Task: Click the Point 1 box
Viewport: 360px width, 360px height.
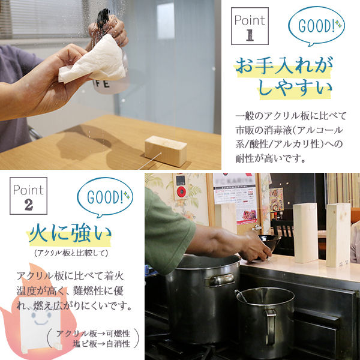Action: (250, 26)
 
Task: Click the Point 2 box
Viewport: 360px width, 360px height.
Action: (28, 196)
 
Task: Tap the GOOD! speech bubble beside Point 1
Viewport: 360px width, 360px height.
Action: (316, 25)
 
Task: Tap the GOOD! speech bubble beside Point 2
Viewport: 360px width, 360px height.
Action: (105, 197)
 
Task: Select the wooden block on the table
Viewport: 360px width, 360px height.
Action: (166, 151)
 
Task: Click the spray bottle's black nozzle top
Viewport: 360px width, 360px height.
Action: (103, 17)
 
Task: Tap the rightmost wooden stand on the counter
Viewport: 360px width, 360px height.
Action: (338, 235)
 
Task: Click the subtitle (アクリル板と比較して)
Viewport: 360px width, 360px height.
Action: (71, 253)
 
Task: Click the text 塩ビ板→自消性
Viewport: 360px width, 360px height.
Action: (101, 344)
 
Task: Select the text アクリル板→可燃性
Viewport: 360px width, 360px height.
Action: (93, 334)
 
